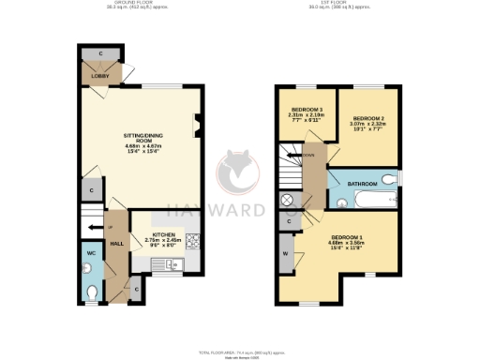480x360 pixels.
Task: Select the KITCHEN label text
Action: (164, 235)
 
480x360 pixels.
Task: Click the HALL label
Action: (117, 243)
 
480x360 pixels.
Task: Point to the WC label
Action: (92, 253)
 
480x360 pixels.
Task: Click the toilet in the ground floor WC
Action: (91, 292)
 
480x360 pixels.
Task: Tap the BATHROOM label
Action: (362, 185)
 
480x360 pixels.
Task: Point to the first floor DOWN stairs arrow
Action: (304, 156)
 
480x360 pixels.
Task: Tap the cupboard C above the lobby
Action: (100, 52)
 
